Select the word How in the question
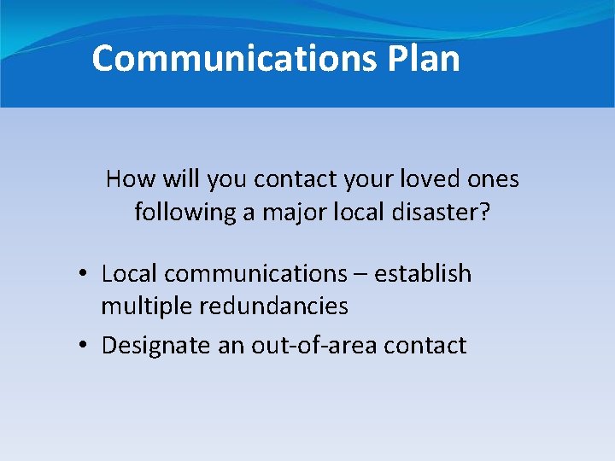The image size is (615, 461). (x=129, y=179)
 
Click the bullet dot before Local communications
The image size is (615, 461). (x=82, y=274)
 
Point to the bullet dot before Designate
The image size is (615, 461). (x=82, y=346)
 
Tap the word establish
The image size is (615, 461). (x=423, y=274)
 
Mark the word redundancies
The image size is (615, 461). (x=276, y=306)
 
